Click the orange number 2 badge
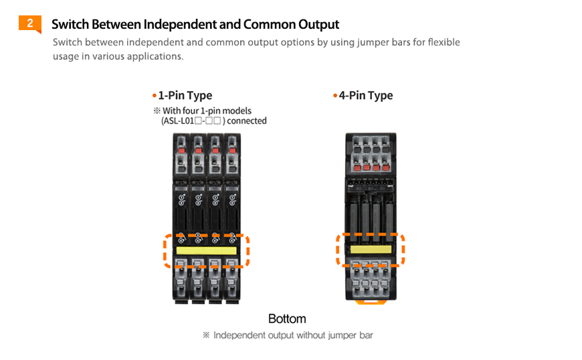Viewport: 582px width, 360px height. click(x=29, y=24)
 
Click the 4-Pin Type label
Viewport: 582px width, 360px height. click(x=366, y=96)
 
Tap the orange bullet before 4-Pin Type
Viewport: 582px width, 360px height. click(x=335, y=96)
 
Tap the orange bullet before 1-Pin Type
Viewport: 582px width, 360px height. click(x=155, y=96)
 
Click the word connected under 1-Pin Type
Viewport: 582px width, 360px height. click(x=247, y=121)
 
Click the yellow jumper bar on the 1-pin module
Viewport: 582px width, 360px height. click(x=207, y=251)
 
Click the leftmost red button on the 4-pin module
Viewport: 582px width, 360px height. click(x=357, y=167)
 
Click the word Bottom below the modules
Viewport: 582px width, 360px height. click(x=287, y=319)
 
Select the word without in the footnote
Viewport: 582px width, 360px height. click(x=305, y=335)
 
